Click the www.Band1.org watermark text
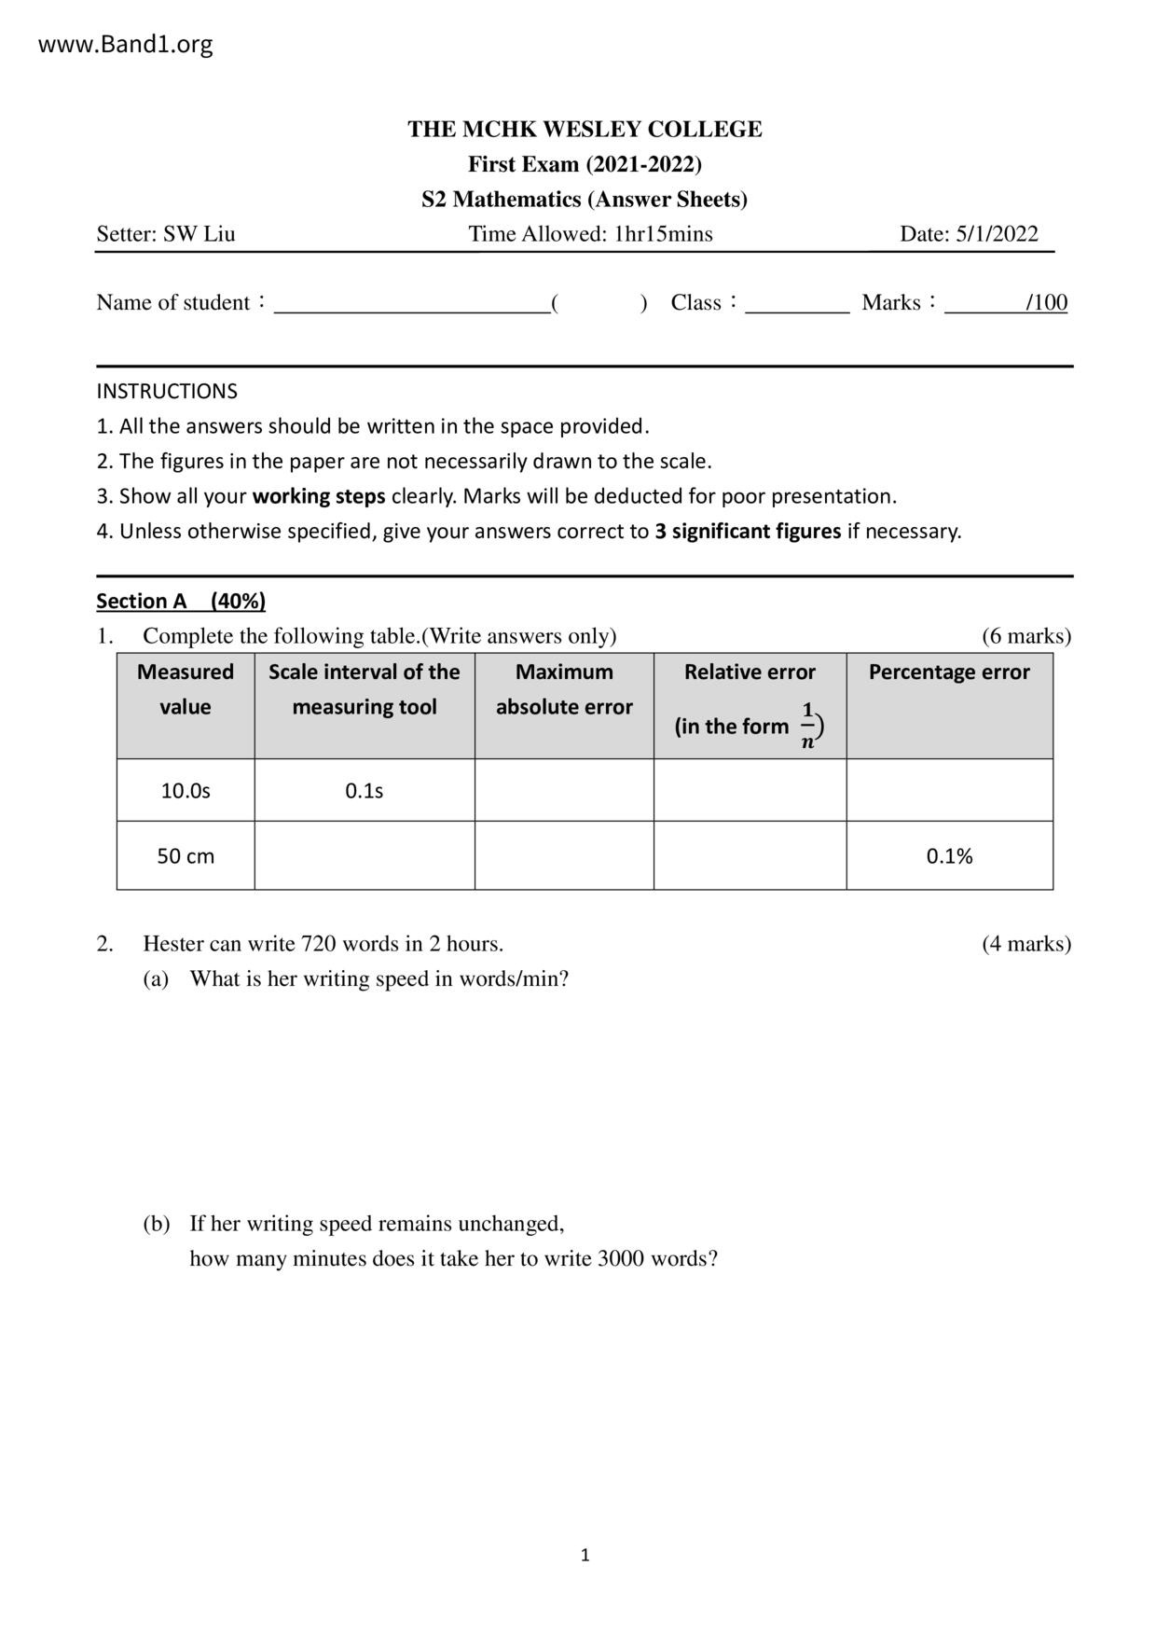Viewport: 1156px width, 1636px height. pyautogui.click(x=125, y=44)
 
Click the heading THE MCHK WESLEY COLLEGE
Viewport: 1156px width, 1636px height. pyautogui.click(x=585, y=129)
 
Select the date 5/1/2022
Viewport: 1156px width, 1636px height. pyautogui.click(x=996, y=234)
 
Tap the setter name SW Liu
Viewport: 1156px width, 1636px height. pyautogui.click(x=199, y=234)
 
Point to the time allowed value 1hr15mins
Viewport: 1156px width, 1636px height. pyautogui.click(x=663, y=234)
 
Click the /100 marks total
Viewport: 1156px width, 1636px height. pyautogui.click(x=1046, y=302)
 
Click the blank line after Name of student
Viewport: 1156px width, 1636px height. pyautogui.click(x=411, y=304)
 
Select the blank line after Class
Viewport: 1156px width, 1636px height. pyautogui.click(x=797, y=304)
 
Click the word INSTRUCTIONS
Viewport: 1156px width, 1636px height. pyautogui.click(x=167, y=391)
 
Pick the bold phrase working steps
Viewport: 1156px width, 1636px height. pyautogui.click(x=319, y=496)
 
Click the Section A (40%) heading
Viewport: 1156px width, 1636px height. pyautogui.click(x=181, y=602)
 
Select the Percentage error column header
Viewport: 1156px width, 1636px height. pyautogui.click(x=949, y=672)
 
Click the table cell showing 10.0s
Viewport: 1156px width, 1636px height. pyautogui.click(x=186, y=791)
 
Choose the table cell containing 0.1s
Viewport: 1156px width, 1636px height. pyautogui.click(x=364, y=791)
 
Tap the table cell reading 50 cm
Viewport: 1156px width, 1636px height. pyautogui.click(x=186, y=856)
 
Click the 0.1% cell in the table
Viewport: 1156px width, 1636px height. pyautogui.click(x=949, y=856)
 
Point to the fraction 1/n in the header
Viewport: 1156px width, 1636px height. pyautogui.click(x=808, y=726)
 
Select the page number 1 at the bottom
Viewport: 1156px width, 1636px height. pyautogui.click(x=585, y=1555)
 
